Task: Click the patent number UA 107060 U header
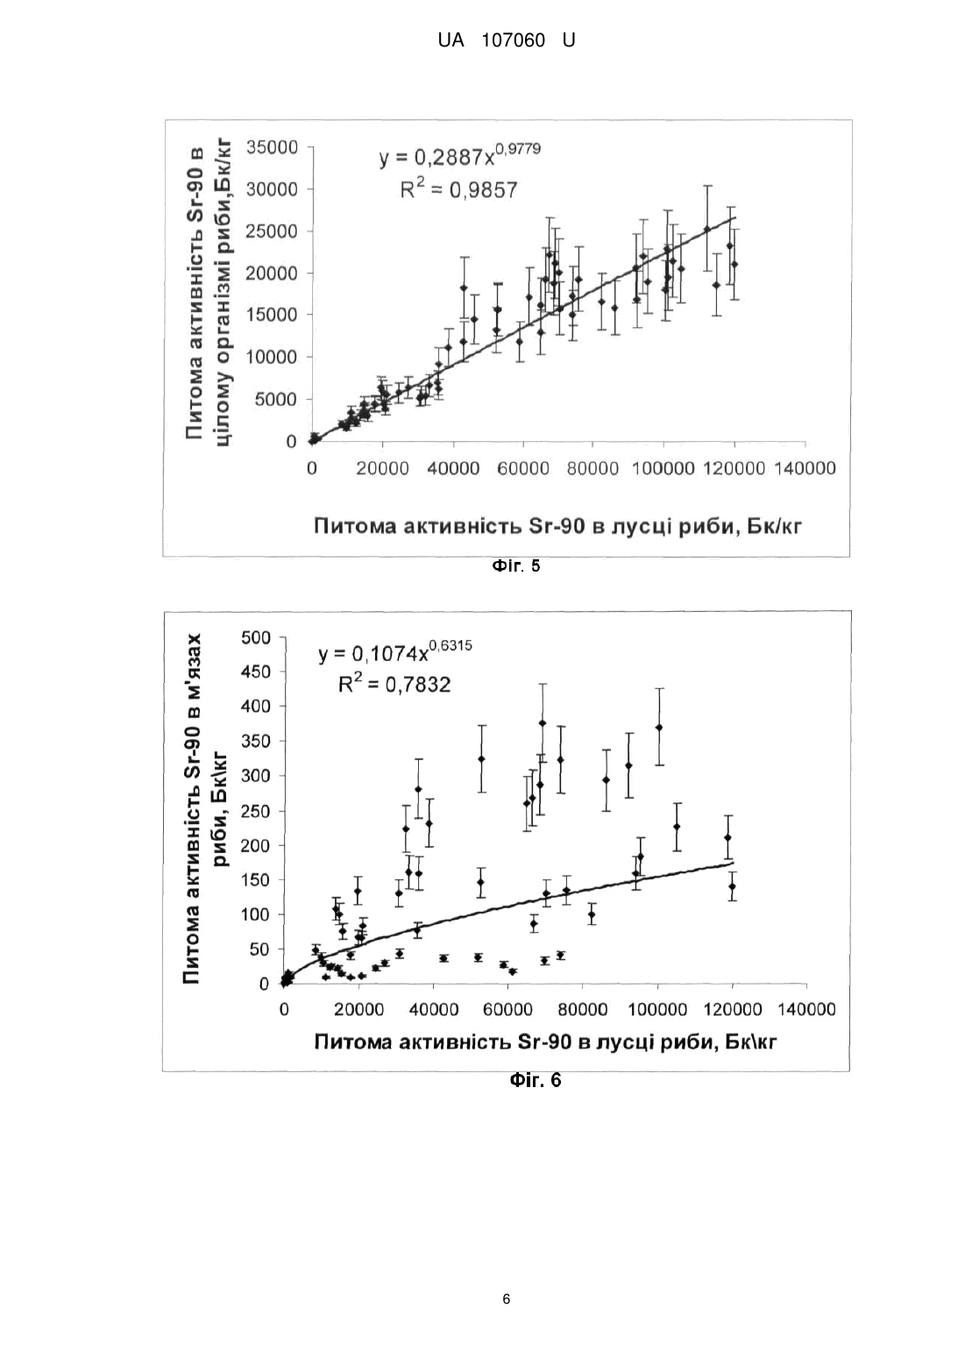507,40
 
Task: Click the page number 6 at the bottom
507,1298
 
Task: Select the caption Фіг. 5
516,566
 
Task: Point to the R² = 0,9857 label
458,189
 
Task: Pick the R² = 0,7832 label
394,685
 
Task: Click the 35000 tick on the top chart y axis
272,147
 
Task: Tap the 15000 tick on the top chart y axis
272,315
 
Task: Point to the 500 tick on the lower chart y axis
256,637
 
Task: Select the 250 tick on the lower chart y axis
256,811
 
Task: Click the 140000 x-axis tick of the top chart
805,468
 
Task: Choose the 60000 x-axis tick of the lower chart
508,1010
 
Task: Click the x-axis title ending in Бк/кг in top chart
557,525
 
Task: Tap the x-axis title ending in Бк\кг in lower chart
546,1042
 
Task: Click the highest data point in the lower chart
543,722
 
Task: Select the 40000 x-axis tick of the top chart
452,468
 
